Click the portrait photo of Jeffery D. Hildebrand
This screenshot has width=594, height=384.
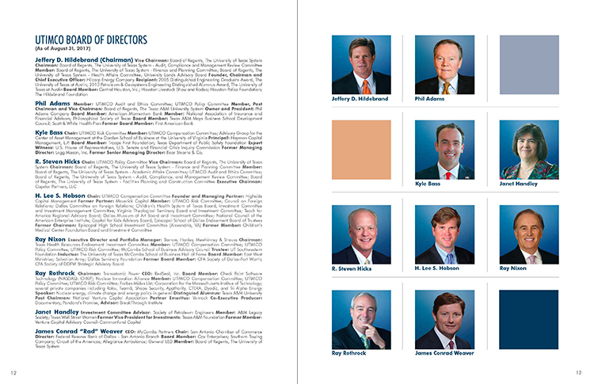tap(361, 65)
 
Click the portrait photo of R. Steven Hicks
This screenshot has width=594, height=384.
tap(361, 236)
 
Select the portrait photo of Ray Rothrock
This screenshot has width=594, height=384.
tap(361, 320)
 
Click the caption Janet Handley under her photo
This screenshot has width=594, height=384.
tap(518, 184)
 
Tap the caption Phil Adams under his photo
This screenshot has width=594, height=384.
tap(430, 99)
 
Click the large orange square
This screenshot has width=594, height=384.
tap(361, 150)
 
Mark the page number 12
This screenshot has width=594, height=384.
tap(13, 371)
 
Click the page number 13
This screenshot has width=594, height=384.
tap(579, 371)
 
